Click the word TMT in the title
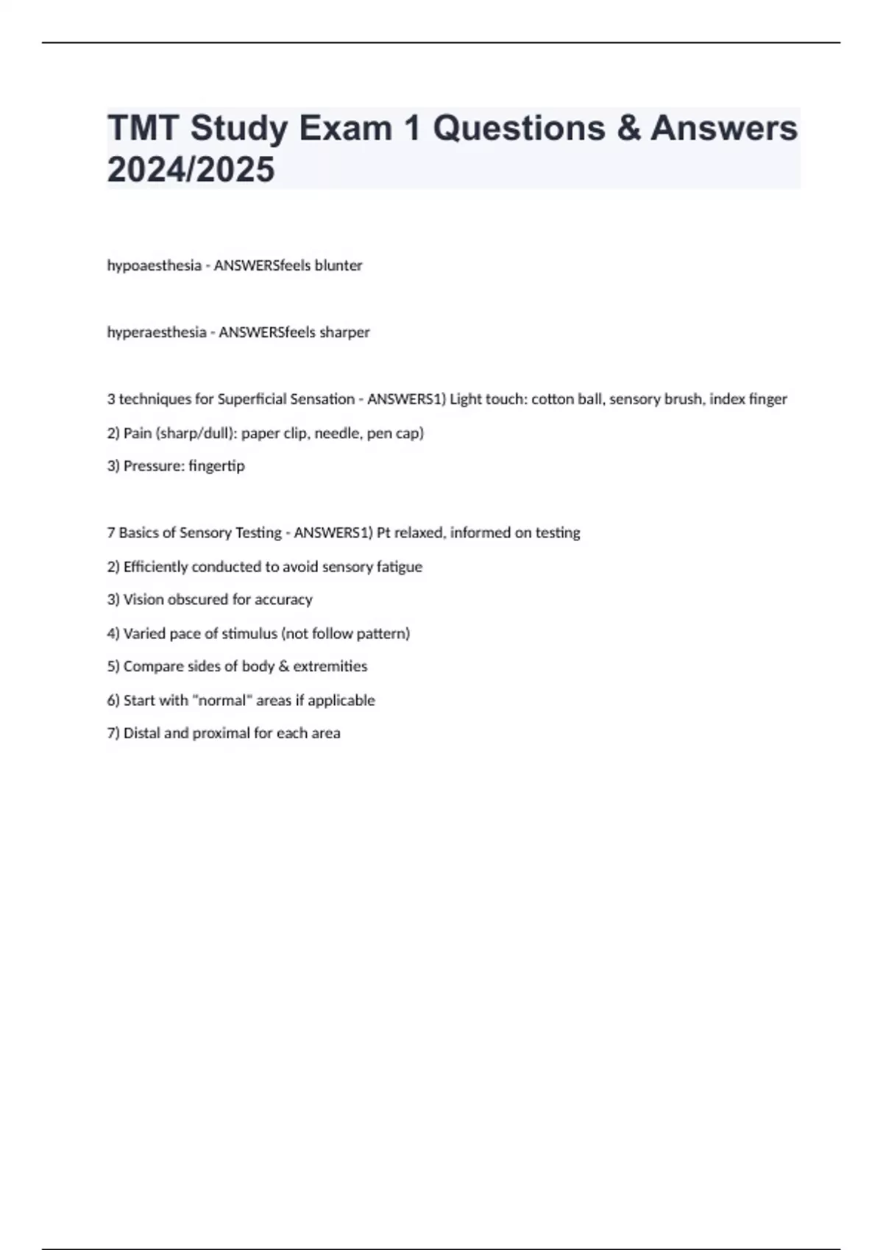pos(143,128)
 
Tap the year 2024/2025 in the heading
pos(191,169)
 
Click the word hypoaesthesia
pos(154,265)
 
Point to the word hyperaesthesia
pos(157,332)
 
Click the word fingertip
pos(216,466)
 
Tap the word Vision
pos(143,600)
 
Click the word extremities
pos(330,666)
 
